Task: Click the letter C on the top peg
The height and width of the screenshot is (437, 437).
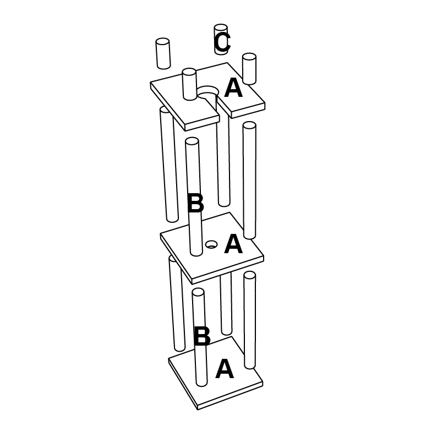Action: [222, 42]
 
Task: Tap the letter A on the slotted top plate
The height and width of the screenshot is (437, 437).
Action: [233, 88]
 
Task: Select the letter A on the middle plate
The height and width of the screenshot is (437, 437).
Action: [233, 244]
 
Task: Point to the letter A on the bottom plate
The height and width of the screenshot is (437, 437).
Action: [225, 369]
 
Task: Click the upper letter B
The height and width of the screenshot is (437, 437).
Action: [195, 203]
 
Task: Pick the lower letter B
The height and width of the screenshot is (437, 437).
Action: [202, 336]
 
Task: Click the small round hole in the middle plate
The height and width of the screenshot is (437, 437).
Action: [211, 244]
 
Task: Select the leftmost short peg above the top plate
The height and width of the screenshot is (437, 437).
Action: [163, 53]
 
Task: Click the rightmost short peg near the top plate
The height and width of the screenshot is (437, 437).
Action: [249, 69]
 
